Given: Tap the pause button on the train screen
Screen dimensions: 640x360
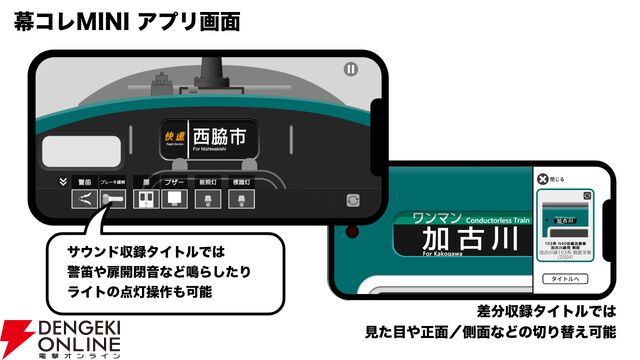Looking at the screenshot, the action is (x=350, y=69).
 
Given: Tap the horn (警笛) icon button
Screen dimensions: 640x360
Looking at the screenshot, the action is (x=85, y=199).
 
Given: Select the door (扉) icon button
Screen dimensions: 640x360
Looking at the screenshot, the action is (x=146, y=199).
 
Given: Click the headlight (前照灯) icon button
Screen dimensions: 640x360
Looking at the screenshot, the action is (x=207, y=199).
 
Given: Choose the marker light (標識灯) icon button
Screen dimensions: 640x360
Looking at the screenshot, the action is (x=240, y=199).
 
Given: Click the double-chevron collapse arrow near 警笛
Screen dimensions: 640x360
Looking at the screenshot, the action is (x=63, y=182).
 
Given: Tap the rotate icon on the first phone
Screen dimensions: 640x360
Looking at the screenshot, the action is (x=353, y=199).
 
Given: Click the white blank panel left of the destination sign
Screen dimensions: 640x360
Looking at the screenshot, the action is (x=80, y=151).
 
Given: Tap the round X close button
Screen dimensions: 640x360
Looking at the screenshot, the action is (x=542, y=179).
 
